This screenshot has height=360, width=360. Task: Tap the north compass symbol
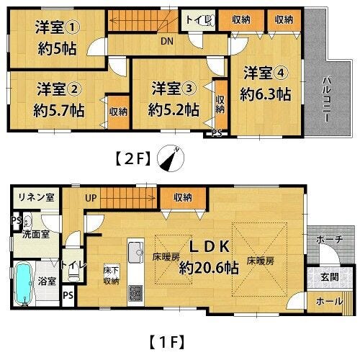(171, 158)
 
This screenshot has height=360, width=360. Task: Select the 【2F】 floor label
(133, 158)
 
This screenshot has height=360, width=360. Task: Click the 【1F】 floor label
(167, 341)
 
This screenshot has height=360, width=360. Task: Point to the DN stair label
(167, 42)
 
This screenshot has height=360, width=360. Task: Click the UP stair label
(91, 198)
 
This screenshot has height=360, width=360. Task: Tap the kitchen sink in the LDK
(136, 252)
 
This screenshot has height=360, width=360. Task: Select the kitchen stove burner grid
(135, 293)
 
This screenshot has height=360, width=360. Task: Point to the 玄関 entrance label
(330, 277)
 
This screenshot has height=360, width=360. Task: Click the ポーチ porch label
(330, 239)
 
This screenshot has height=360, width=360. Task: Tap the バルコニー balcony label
(327, 99)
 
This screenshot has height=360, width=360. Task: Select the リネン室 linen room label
(36, 197)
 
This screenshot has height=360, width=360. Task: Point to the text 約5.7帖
(59, 110)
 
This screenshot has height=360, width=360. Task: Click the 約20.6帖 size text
(209, 268)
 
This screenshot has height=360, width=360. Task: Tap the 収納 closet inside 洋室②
(119, 112)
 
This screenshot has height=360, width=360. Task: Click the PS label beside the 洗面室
(16, 220)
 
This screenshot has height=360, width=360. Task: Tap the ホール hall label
(329, 302)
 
